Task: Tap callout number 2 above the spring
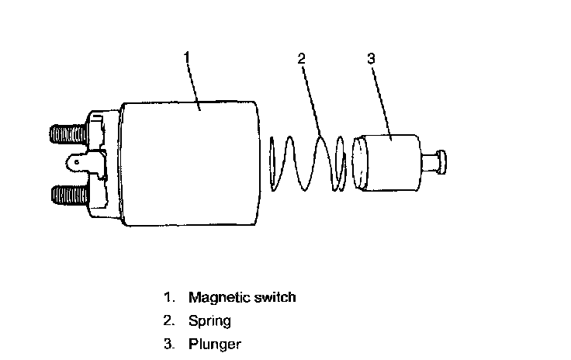(302, 58)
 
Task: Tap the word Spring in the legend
(209, 320)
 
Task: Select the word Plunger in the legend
(214, 344)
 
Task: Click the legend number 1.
(167, 297)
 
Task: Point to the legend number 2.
(167, 320)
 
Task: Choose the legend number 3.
(167, 344)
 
